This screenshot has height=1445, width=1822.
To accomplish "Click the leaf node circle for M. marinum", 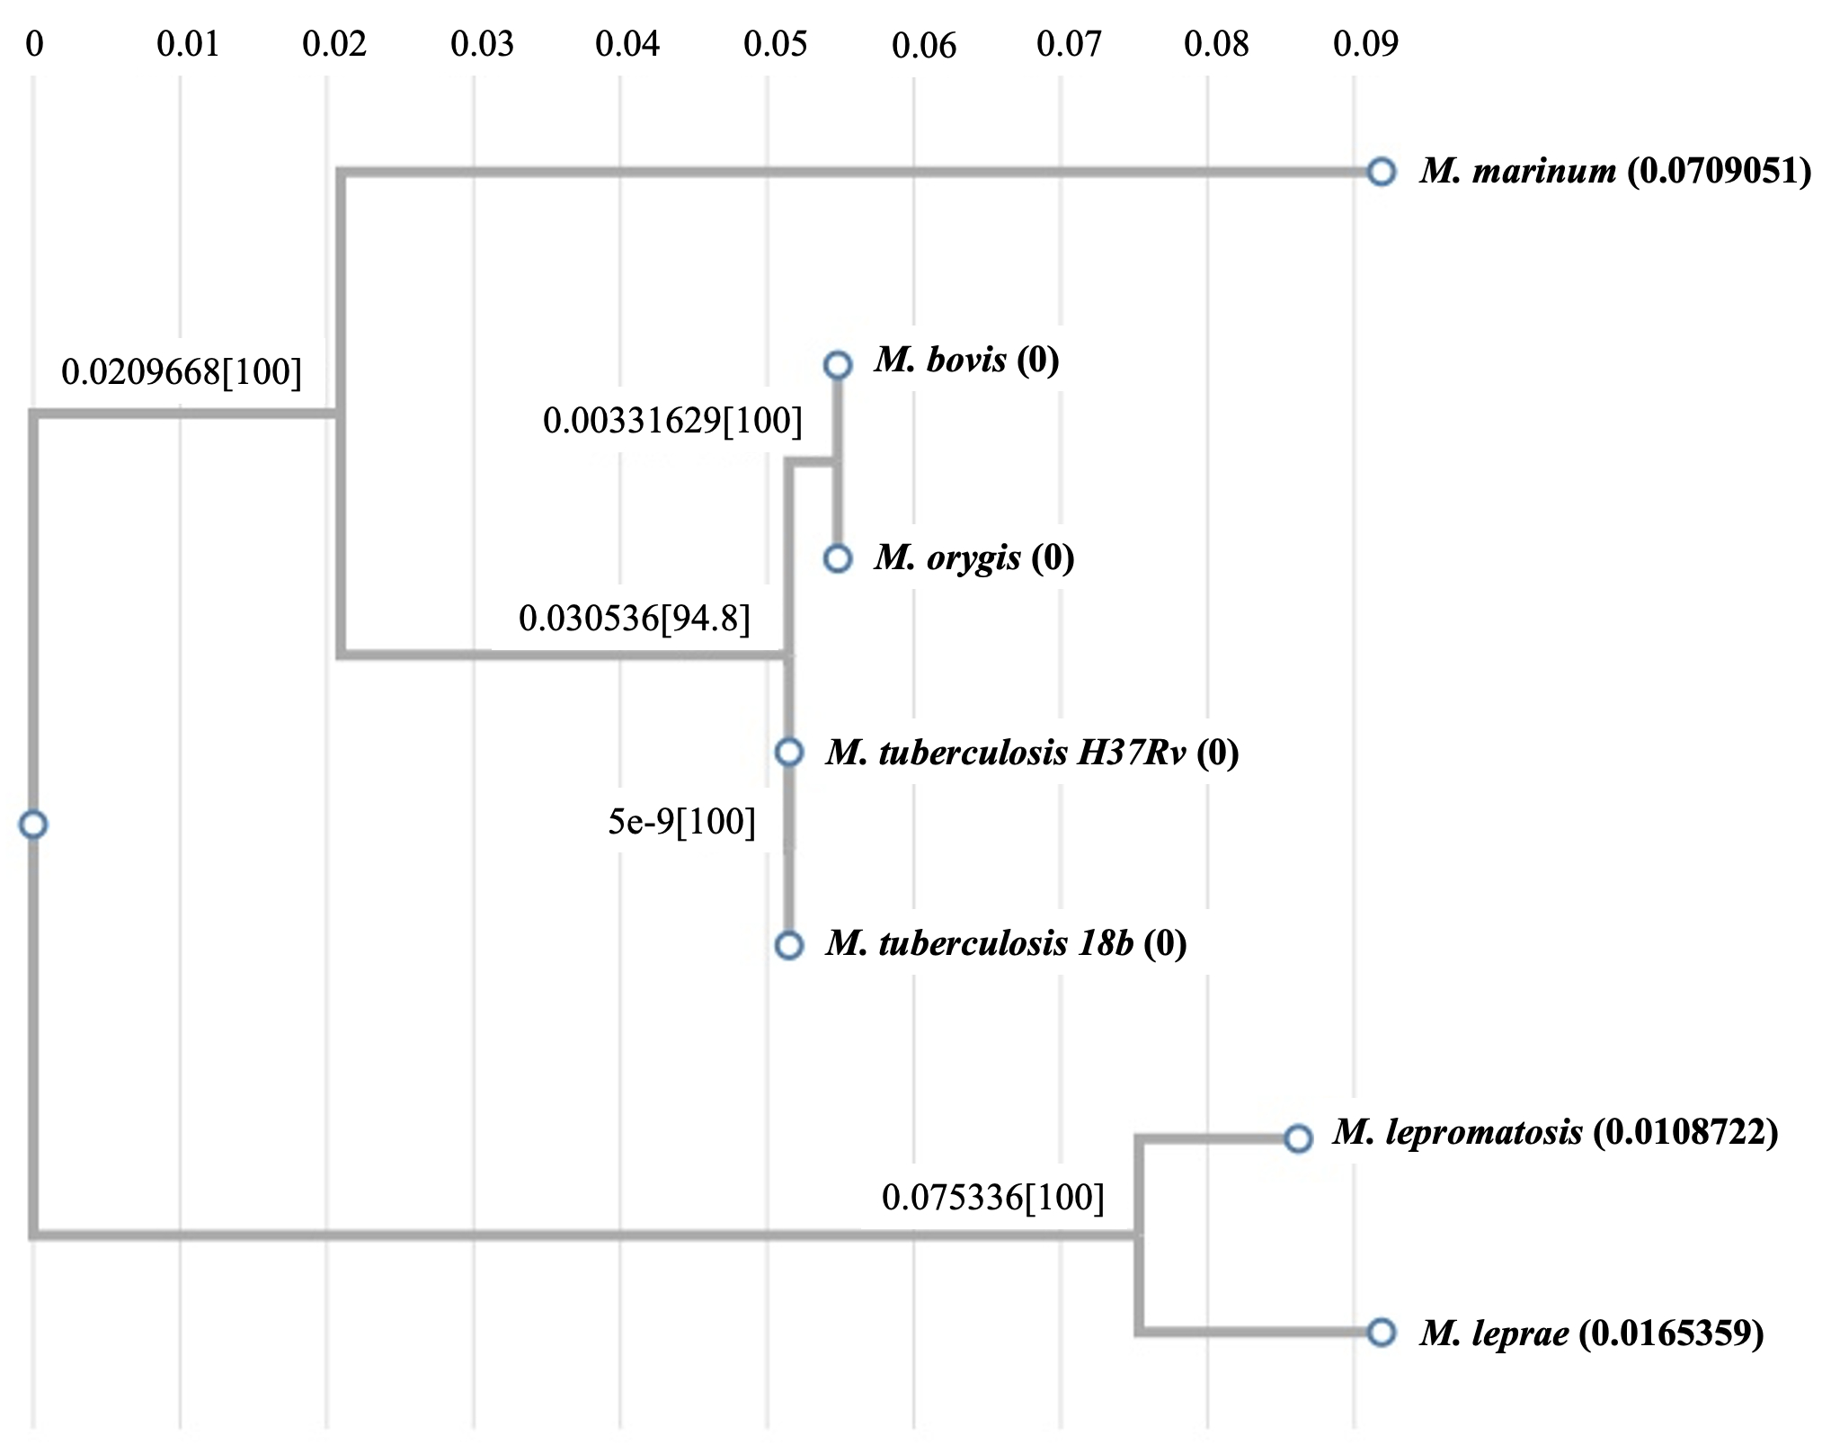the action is pos(1381,171).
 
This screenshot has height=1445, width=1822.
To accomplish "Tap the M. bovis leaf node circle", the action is pos(837,364).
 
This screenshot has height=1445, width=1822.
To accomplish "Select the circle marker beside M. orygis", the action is pos(837,558).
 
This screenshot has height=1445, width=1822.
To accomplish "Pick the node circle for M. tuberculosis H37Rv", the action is pos(788,752).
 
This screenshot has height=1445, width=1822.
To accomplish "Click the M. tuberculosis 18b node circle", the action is pos(788,945).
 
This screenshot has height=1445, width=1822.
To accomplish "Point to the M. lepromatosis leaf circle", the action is pos(1297,1138).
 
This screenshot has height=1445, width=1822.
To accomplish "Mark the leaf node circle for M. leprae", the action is pos(1381,1332).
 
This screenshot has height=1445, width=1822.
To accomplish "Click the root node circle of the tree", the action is pos(33,824).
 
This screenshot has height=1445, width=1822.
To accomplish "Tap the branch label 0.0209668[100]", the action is pos(182,371).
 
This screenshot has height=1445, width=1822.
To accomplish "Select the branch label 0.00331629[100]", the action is pos(672,420).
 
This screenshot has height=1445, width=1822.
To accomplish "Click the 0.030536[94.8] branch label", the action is pos(635,618).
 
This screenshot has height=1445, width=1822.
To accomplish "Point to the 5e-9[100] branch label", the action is pos(682,821).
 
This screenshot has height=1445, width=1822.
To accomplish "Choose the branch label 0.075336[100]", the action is pos(993,1197).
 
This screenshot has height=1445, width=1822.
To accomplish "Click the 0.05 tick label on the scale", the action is pos(776,43).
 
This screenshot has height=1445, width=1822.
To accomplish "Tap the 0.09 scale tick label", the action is pos(1365,43).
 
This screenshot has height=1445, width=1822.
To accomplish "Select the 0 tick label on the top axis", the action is pos(34,43).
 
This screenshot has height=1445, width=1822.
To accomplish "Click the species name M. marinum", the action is pos(1518,170).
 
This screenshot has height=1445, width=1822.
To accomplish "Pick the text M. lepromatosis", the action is pos(1457,1132).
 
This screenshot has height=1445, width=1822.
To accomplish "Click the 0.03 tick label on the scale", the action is pos(483,43).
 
